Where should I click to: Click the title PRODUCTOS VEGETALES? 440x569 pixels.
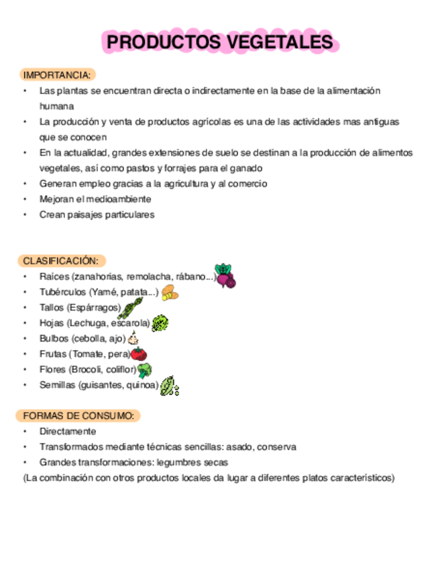(220, 42)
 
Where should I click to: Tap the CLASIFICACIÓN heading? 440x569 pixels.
(60, 260)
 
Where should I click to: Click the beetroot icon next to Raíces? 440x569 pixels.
(225, 276)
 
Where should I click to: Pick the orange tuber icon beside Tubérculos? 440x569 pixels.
(170, 293)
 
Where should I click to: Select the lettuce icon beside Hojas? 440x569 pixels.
(160, 324)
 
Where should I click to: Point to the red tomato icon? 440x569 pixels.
(138, 354)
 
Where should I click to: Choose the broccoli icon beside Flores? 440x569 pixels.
(144, 370)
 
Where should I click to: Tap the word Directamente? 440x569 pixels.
(68, 431)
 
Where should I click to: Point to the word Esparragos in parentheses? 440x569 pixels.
(96, 307)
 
